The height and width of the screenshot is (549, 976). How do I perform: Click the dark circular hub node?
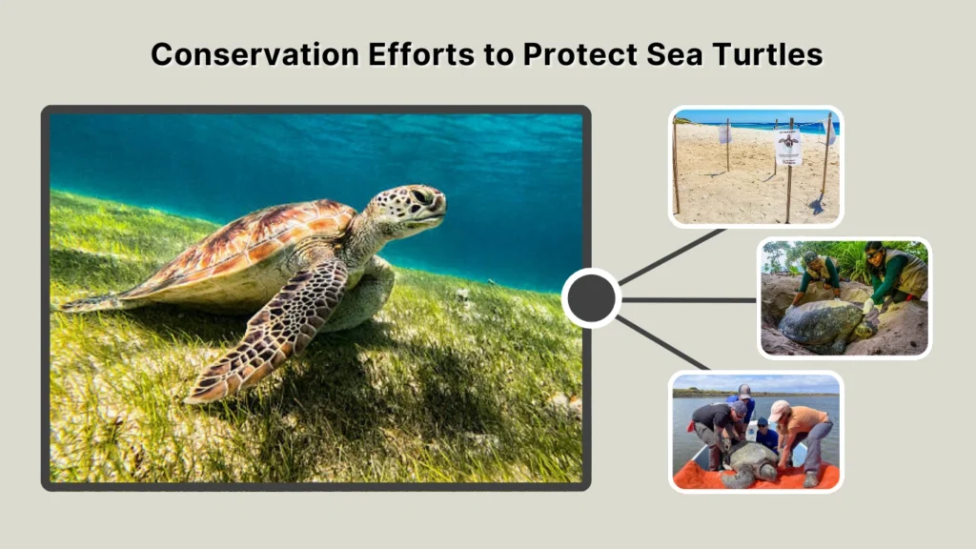click(x=591, y=299)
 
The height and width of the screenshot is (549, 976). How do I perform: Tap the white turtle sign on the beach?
click(x=788, y=147)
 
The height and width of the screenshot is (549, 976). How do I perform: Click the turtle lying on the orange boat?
click(x=753, y=460)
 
